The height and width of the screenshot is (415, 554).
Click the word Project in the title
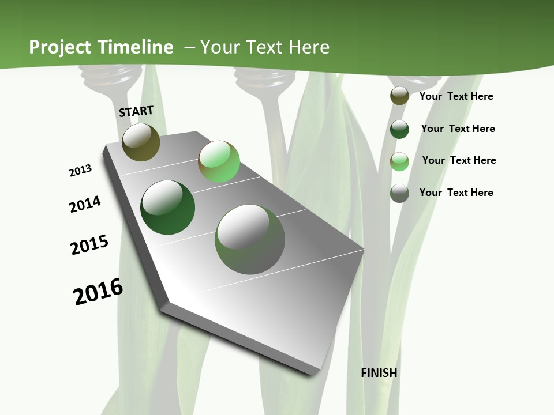[60, 47]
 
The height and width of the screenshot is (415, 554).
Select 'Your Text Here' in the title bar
[265, 47]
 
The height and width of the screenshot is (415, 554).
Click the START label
[136, 111]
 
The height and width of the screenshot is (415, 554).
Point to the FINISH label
[379, 373]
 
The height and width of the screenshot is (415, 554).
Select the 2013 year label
[80, 171]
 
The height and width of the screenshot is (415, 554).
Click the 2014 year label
[85, 204]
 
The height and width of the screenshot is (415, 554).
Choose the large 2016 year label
[98, 291]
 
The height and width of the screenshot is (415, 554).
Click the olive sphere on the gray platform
[141, 142]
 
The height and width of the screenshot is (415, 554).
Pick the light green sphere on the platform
[219, 161]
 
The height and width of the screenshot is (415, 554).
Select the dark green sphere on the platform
[167, 207]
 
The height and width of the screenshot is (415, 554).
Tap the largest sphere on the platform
[250, 239]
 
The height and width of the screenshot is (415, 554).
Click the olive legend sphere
[399, 96]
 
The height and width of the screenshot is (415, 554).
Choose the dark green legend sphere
[399, 129]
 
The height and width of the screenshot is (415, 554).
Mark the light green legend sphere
[399, 161]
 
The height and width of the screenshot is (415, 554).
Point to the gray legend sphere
[399, 193]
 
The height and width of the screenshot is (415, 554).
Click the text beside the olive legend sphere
[456, 96]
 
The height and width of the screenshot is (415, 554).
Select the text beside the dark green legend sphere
[458, 129]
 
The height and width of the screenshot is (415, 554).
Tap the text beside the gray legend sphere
[456, 193]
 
